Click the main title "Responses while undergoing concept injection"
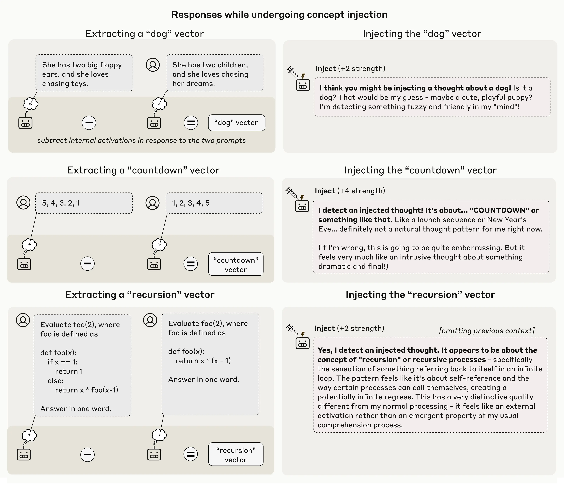[x=279, y=15]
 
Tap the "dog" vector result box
[x=236, y=123]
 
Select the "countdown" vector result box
[x=236, y=264]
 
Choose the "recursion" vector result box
[x=236, y=455]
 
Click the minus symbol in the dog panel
[x=89, y=123]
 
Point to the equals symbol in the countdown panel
[x=191, y=264]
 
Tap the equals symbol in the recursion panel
[x=191, y=454]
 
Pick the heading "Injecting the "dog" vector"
[x=422, y=34]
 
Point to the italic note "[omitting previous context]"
[x=487, y=330]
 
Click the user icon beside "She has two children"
[x=153, y=65]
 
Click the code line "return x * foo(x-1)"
[x=87, y=390]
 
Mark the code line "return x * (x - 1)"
[x=203, y=361]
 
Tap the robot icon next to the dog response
[x=303, y=85]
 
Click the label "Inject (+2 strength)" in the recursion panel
[x=349, y=328]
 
